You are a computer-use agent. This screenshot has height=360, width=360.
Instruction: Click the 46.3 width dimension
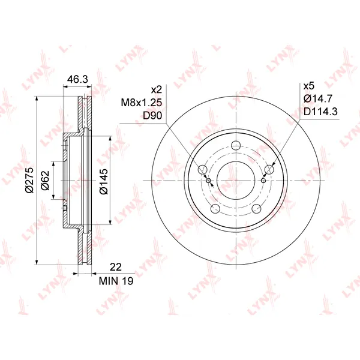pyautogui.click(x=77, y=79)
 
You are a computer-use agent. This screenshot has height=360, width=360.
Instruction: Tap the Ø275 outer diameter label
pyautogui.click(x=29, y=180)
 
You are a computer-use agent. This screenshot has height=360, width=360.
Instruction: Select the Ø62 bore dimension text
pyautogui.click(x=45, y=180)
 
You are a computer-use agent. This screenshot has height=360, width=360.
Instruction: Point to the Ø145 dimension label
pyautogui.click(x=104, y=181)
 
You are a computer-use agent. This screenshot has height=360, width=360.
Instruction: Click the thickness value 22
pyautogui.click(x=116, y=267)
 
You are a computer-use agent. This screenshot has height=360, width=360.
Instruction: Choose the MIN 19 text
pyautogui.click(x=116, y=281)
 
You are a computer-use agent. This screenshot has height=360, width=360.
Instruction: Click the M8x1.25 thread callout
pyautogui.click(x=141, y=103)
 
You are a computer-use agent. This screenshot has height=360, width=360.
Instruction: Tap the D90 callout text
pyautogui.click(x=152, y=116)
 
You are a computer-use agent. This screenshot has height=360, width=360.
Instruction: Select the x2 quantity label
pyautogui.click(x=157, y=89)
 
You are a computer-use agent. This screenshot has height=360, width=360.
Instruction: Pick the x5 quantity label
pyautogui.click(x=309, y=86)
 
